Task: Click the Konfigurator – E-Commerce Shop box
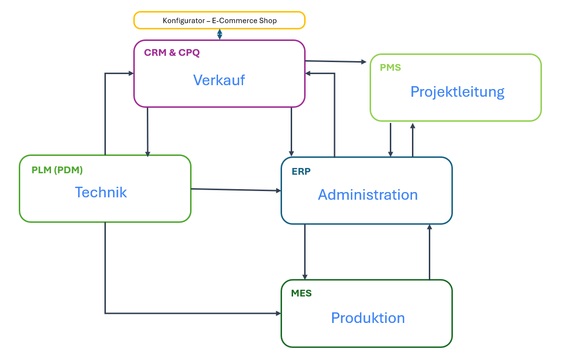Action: pyautogui.click(x=219, y=21)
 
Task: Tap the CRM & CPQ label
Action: pyautogui.click(x=172, y=52)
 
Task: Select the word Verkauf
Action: pyautogui.click(x=219, y=80)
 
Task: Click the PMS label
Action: pyautogui.click(x=390, y=67)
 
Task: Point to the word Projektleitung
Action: pyautogui.click(x=457, y=91)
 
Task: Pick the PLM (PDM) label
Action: pyautogui.click(x=57, y=170)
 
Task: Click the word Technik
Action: pyautogui.click(x=101, y=192)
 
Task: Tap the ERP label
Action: pyautogui.click(x=301, y=171)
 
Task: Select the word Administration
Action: pyautogui.click(x=368, y=194)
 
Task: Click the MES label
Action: pyautogui.click(x=301, y=293)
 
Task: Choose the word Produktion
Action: pyautogui.click(x=368, y=318)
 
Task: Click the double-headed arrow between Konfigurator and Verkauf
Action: pyautogui.click(x=219, y=34)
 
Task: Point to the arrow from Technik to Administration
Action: pyautogui.click(x=236, y=190)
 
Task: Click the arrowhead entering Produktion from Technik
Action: pyautogui.click(x=278, y=313)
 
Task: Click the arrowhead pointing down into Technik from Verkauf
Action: pyautogui.click(x=148, y=154)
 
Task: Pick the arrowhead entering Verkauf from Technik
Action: pyautogui.click(x=130, y=73)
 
